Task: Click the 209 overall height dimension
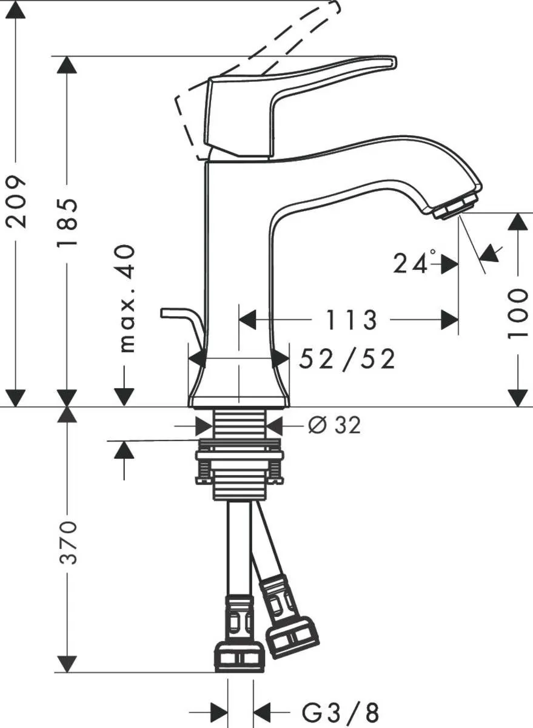17,201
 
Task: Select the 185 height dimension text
68,221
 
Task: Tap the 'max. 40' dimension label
125,298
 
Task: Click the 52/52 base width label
347,359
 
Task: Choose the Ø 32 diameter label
334,426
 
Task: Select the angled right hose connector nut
293,636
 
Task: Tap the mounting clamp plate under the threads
240,455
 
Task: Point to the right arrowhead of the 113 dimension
449,320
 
